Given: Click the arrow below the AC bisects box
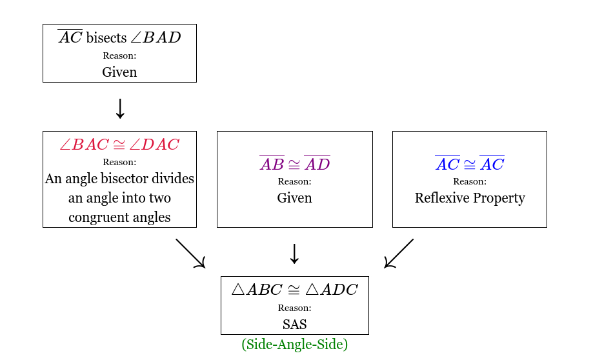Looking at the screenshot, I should tap(119, 108).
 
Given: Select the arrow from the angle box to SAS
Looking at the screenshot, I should tap(190, 254).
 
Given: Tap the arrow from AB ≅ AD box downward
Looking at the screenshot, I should tap(294, 254).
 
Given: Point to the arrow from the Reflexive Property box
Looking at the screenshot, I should tap(399, 254).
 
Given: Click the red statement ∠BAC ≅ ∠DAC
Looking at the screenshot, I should tap(119, 144).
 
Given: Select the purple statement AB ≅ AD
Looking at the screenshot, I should tap(294, 164).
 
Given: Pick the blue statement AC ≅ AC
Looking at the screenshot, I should tap(470, 164).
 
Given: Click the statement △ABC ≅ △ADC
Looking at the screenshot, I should tap(294, 289).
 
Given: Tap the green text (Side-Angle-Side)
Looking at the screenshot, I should tap(294, 345).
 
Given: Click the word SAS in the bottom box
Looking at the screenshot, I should tap(294, 325).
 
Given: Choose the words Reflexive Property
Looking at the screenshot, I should tap(470, 198).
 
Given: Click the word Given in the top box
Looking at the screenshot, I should tap(119, 72).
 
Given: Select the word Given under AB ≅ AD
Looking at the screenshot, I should tap(294, 198).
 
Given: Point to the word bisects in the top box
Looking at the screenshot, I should tap(106, 37).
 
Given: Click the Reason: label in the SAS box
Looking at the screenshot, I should tap(294, 308).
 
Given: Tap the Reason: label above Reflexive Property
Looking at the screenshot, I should tap(470, 182).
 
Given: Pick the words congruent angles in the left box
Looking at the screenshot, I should tap(119, 217).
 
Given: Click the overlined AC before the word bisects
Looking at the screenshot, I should tap(70, 37).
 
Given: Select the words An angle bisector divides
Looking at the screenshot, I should tap(119, 179).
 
